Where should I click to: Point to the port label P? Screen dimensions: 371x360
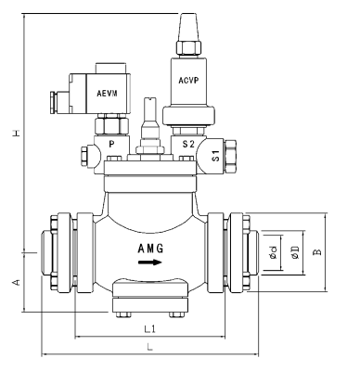[112, 146]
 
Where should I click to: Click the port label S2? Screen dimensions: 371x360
[188, 146]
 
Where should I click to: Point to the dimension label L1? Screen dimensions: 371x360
[149, 328]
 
